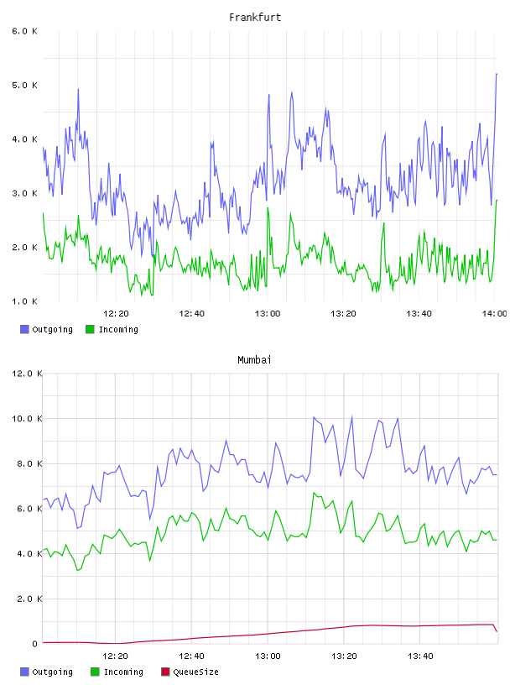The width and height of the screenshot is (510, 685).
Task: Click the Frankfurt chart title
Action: tap(255, 18)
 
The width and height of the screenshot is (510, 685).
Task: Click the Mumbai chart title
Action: tap(254, 360)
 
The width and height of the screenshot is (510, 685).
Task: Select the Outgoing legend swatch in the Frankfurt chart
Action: tap(24, 329)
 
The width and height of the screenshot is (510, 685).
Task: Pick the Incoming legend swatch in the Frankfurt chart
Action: tap(90, 329)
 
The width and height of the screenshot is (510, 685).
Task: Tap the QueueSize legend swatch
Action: tap(165, 672)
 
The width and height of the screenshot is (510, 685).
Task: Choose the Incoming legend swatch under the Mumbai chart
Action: tap(95, 672)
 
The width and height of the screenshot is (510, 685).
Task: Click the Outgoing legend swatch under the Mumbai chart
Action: tap(24, 672)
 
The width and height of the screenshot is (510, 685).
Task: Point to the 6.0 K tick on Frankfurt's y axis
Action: tap(24, 31)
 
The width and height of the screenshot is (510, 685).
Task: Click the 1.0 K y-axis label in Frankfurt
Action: tap(24, 301)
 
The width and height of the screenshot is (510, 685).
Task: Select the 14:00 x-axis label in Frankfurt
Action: tap(494, 314)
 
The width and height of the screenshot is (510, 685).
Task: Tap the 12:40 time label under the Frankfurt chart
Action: tap(191, 314)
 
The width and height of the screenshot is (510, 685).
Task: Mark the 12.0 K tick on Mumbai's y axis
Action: tap(27, 374)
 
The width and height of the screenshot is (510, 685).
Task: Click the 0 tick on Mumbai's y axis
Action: tap(34, 644)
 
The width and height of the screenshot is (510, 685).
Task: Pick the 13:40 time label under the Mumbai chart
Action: tap(420, 656)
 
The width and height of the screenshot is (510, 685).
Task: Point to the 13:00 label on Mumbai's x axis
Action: tap(268, 656)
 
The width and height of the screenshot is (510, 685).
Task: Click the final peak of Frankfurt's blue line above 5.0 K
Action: tap(497, 74)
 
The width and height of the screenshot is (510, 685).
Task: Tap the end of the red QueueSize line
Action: tap(497, 631)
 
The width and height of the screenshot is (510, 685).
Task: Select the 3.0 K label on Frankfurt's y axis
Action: tap(24, 194)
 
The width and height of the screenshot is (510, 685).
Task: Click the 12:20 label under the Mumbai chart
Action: tap(115, 656)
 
